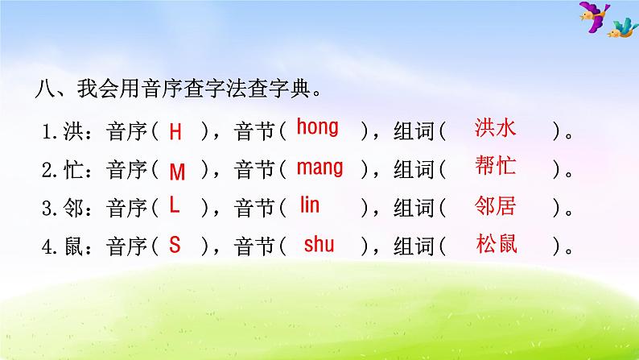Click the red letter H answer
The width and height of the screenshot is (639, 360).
[x=175, y=132]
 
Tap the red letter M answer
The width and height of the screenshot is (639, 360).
[x=177, y=172]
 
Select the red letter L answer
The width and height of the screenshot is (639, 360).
[x=175, y=205]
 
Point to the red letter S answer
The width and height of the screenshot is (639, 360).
[x=175, y=245]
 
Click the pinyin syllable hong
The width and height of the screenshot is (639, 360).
[x=317, y=127]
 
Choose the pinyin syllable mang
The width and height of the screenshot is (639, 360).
[x=320, y=168]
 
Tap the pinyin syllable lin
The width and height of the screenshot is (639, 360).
[x=310, y=205]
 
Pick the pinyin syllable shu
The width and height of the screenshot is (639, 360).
[x=319, y=244]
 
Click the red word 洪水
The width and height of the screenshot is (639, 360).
[x=495, y=127]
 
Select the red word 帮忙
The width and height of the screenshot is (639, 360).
[x=495, y=166]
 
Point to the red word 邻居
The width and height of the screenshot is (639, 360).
[x=495, y=205]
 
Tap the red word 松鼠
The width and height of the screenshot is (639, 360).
[x=497, y=244]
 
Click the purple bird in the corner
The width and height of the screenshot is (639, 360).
[x=594, y=15]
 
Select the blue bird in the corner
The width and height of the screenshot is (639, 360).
[x=623, y=28]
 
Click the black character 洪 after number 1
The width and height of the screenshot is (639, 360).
[x=73, y=132]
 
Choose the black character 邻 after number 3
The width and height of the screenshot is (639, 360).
[x=73, y=208]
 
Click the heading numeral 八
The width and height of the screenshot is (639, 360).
[x=44, y=89]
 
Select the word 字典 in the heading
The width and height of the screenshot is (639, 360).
[x=291, y=88]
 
